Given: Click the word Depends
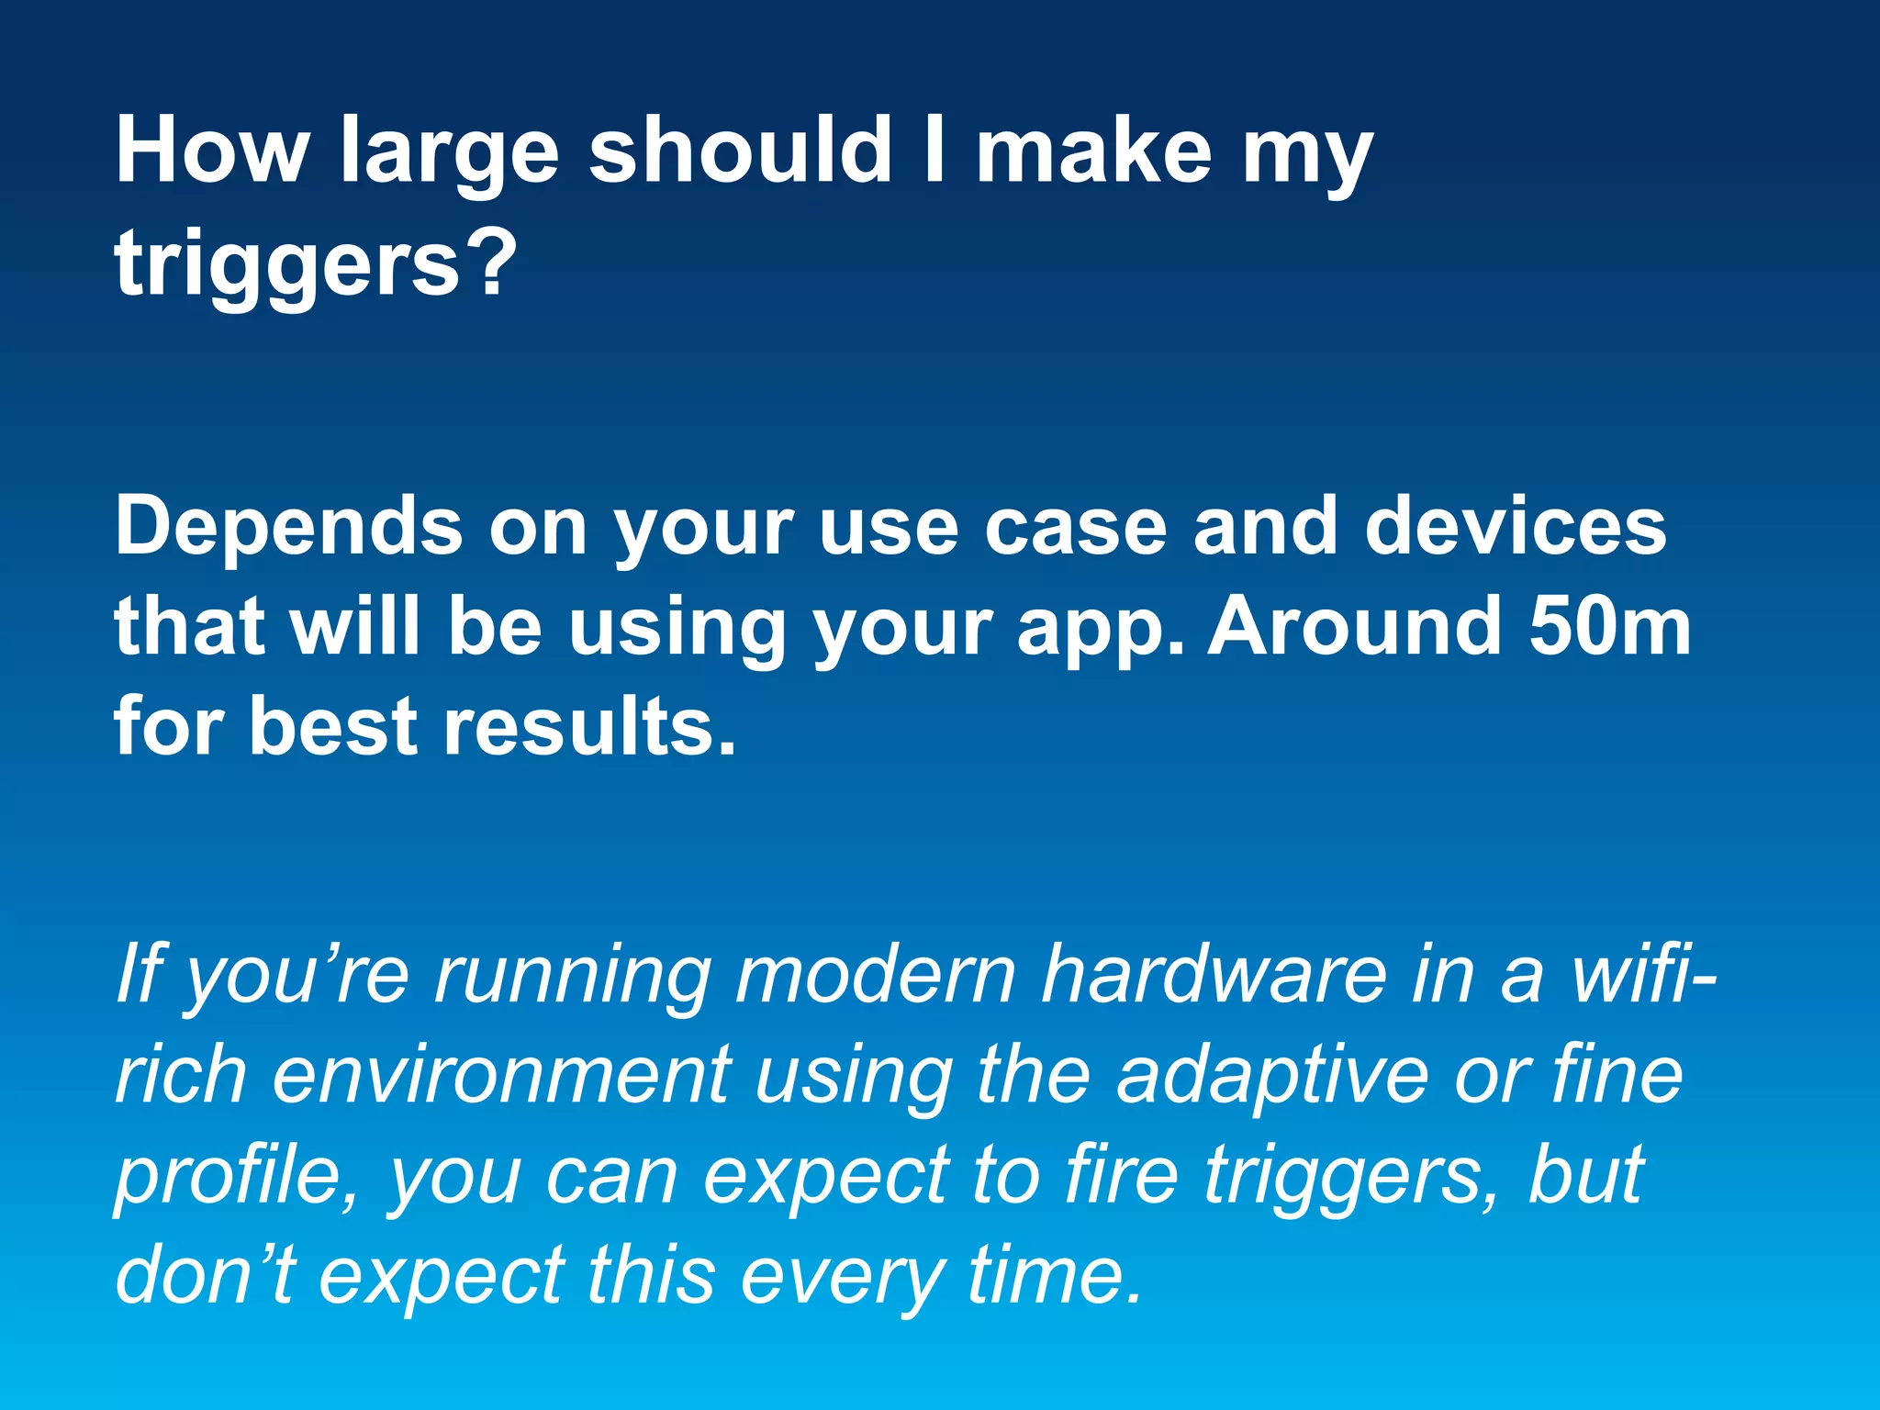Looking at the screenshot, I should point(288,527).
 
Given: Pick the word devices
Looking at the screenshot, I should point(1516,527).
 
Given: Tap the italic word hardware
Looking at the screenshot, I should point(1213,974).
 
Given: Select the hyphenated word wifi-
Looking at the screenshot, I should point(1642,974).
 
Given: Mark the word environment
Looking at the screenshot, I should point(501,1075).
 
